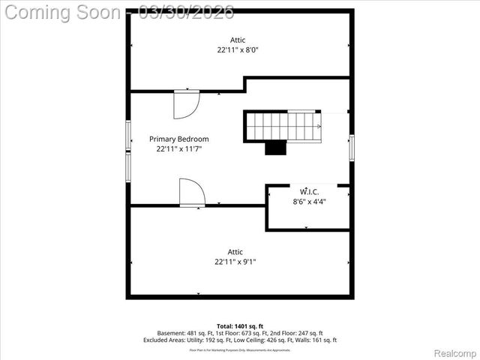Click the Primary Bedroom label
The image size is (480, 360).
click(x=178, y=139)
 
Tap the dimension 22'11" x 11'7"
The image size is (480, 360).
click(x=178, y=149)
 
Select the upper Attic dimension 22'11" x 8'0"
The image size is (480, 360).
click(x=238, y=50)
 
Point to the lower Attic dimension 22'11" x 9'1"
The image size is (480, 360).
click(x=235, y=262)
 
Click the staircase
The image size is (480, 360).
click(x=283, y=126)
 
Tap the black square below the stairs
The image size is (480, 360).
click(x=276, y=148)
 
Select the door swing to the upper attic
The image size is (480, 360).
click(x=184, y=104)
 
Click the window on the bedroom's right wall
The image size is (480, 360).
click(x=351, y=147)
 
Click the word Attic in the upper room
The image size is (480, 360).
click(x=238, y=40)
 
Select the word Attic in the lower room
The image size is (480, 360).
click(x=235, y=252)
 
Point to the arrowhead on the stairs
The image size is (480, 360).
click(x=319, y=126)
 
